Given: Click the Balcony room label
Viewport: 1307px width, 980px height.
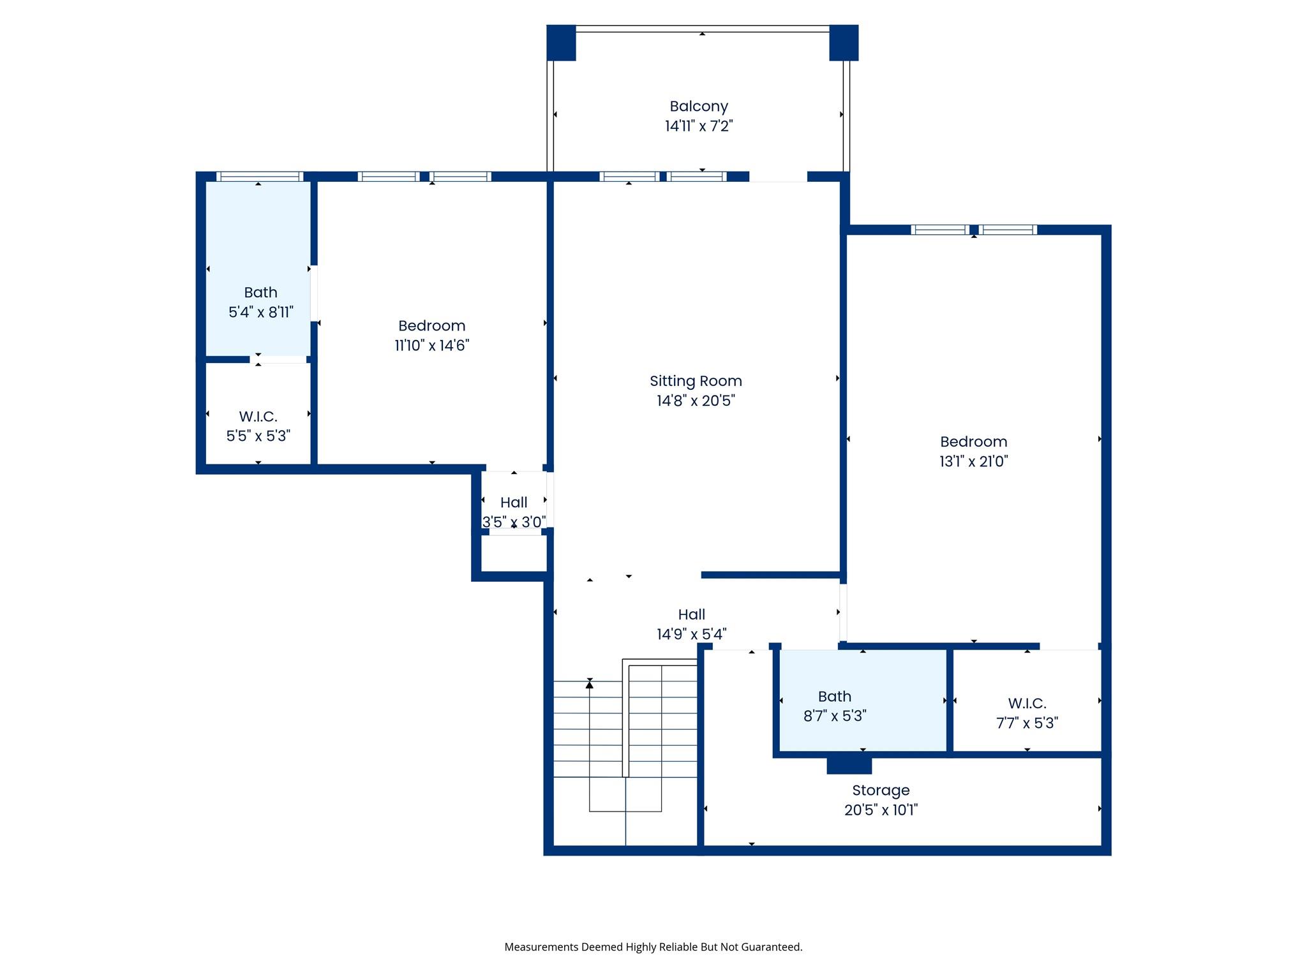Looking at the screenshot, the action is tap(699, 107).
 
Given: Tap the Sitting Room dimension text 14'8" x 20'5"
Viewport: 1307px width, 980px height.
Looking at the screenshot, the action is tap(696, 401).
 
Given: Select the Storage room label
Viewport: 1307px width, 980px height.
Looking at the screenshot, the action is tap(881, 791).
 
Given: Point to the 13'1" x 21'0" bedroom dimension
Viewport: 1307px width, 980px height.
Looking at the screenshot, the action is tap(973, 461).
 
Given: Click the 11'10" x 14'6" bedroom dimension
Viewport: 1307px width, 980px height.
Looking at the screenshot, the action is tap(432, 345).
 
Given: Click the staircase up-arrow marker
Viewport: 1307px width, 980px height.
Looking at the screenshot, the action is tap(590, 684).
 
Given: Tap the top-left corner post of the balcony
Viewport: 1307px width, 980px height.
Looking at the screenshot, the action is tap(562, 43).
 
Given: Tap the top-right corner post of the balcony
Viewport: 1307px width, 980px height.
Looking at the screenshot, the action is tap(844, 43).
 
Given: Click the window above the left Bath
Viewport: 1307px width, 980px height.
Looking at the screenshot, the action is tap(259, 177).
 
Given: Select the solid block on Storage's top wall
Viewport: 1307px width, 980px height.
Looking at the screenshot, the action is tap(849, 765).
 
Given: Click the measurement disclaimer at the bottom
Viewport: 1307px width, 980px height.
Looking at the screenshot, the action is tap(653, 947).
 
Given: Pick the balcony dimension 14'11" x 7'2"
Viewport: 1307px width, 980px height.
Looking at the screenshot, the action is tap(699, 126).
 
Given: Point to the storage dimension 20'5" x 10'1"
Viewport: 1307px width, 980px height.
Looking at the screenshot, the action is tap(881, 810).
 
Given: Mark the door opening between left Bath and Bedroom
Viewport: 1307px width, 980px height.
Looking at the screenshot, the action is tap(314, 293).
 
